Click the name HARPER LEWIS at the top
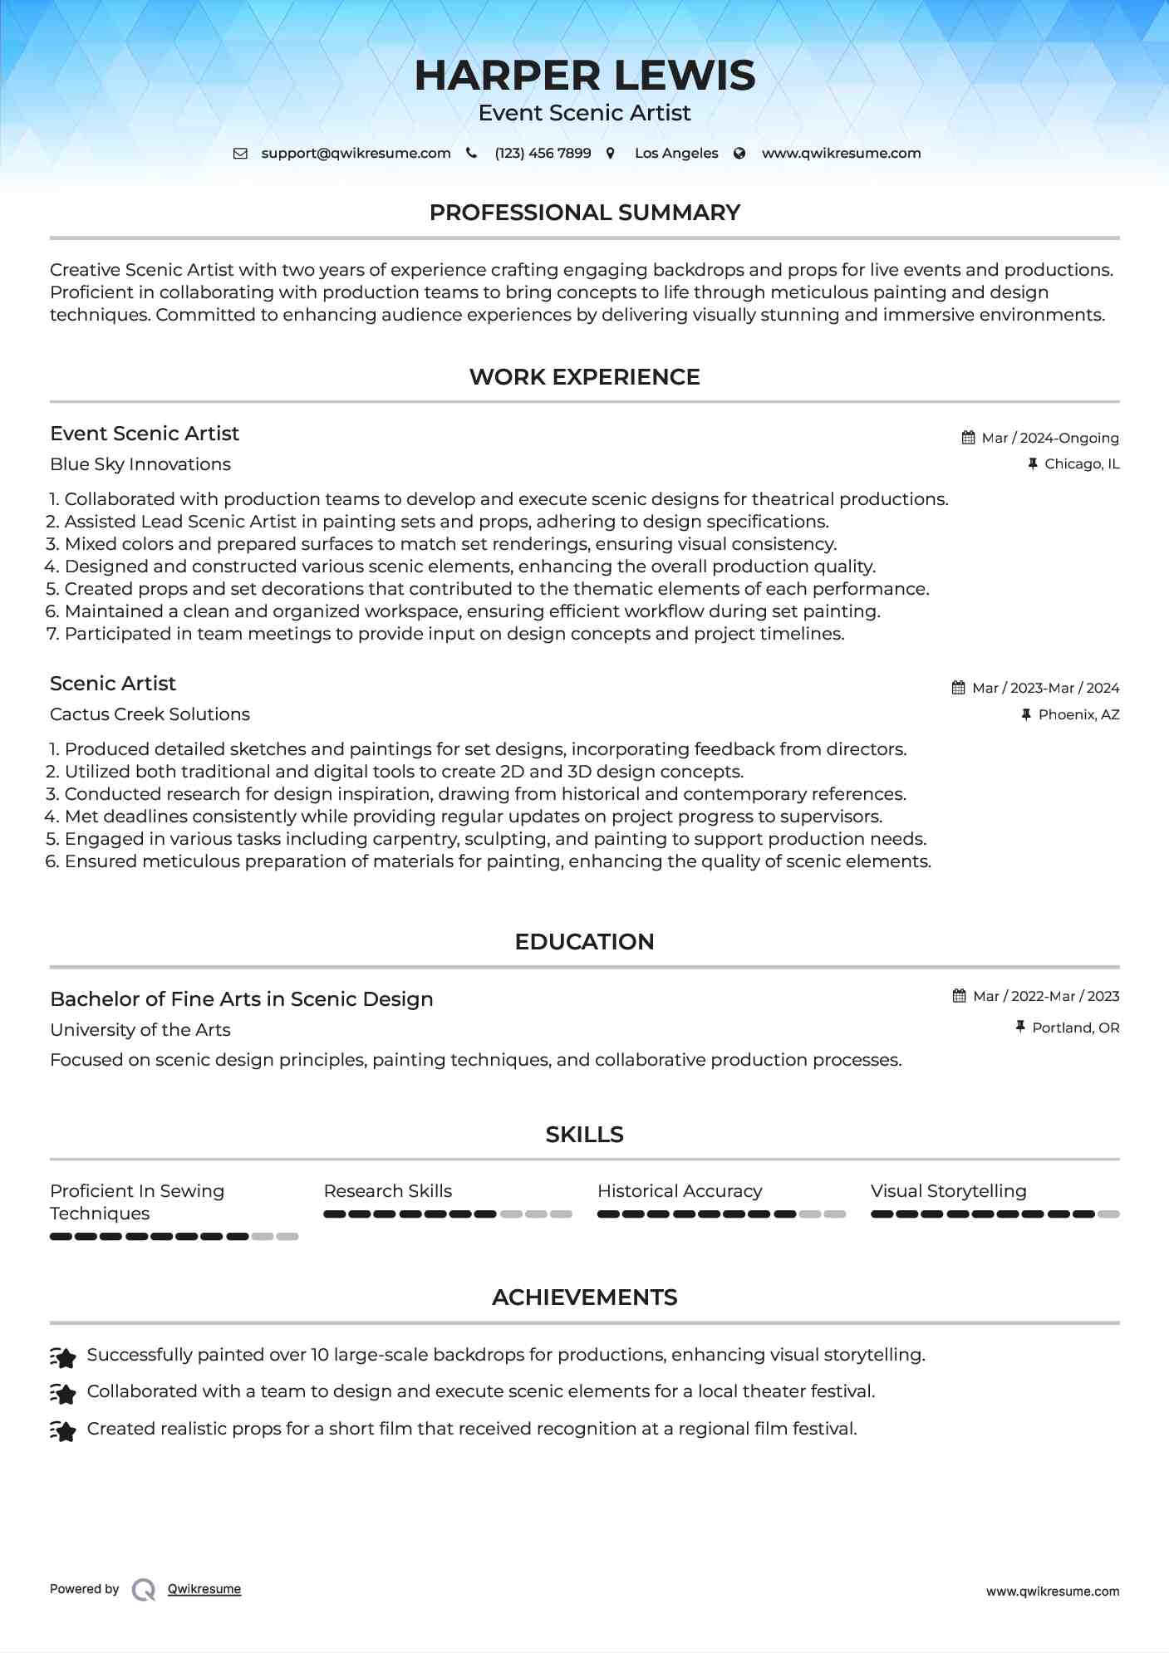click(x=584, y=76)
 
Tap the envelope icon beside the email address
click(x=240, y=154)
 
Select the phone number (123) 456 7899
click(x=543, y=154)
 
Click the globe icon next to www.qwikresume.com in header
click(x=739, y=154)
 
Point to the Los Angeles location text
click(x=675, y=154)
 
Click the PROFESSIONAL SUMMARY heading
click(x=584, y=213)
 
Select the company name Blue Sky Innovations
click(x=140, y=464)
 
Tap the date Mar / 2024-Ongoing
click(x=1049, y=438)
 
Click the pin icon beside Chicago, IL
click(x=1033, y=464)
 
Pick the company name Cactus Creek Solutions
click(x=150, y=714)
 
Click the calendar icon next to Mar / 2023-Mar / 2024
click(x=959, y=688)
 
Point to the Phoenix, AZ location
click(x=1078, y=714)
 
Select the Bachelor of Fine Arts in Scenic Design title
click(x=241, y=999)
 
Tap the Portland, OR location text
click(x=1075, y=1028)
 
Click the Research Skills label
click(x=388, y=1191)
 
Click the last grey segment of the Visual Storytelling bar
click(x=1108, y=1214)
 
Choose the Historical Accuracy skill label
click(x=679, y=1191)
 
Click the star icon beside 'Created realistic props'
click(x=63, y=1430)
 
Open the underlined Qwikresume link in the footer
click(x=204, y=1589)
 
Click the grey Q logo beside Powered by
click(x=144, y=1590)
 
